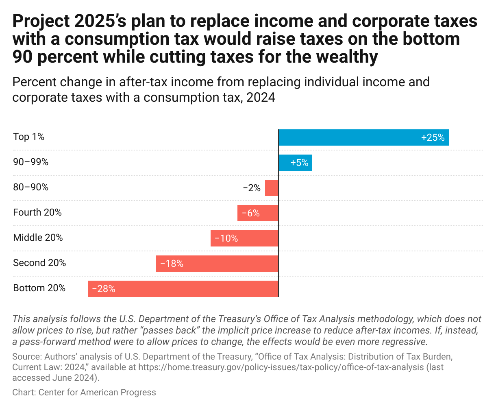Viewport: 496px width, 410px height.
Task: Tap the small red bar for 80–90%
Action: (272, 188)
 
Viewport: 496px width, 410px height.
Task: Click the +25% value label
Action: (433, 137)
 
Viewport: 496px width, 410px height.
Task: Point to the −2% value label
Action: (252, 188)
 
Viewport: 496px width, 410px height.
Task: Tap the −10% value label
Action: (226, 238)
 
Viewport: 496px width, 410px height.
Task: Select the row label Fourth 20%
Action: (37, 212)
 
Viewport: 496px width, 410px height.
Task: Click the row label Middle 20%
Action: (38, 238)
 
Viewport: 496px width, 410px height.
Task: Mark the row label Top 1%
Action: (28, 137)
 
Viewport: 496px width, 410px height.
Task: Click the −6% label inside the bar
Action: (250, 213)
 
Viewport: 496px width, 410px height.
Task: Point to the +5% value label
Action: (299, 163)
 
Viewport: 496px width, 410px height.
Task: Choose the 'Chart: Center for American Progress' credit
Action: (84, 393)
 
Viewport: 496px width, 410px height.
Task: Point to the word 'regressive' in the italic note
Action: (405, 341)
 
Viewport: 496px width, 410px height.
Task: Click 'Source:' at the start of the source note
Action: (27, 357)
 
